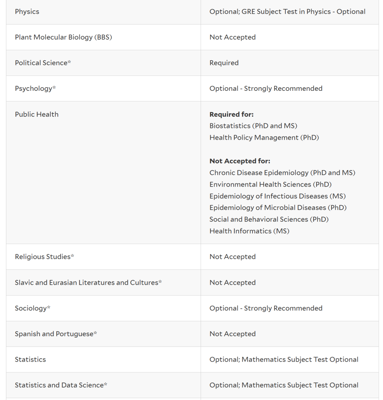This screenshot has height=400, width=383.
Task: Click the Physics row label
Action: pos(27,12)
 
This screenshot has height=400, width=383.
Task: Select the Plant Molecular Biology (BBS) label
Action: pos(63,37)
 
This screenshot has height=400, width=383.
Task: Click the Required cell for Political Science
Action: pos(224,63)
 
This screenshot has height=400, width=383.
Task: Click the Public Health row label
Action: pos(37,114)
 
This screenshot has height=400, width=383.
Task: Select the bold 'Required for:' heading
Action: pos(231,114)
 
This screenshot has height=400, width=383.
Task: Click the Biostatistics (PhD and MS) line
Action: pos(253,126)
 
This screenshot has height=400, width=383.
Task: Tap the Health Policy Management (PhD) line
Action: pos(264,138)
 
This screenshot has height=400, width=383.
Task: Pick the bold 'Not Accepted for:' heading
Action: pos(240,161)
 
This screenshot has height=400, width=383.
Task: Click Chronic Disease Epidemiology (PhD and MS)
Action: pos(282,173)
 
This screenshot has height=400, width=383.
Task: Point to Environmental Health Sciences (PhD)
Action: pos(270,184)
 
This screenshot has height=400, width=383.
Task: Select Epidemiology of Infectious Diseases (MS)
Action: pos(277,196)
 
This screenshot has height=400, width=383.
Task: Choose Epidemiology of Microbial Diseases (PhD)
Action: pos(278,207)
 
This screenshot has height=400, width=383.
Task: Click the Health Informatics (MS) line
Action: pos(249,231)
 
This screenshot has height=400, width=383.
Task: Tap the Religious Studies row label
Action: pos(44,257)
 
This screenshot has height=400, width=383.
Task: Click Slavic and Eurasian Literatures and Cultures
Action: pos(88,283)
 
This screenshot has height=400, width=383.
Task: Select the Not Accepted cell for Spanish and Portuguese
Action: pos(232,334)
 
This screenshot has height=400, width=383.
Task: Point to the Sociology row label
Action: pos(32,308)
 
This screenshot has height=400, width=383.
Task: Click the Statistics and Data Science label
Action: pos(61,385)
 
